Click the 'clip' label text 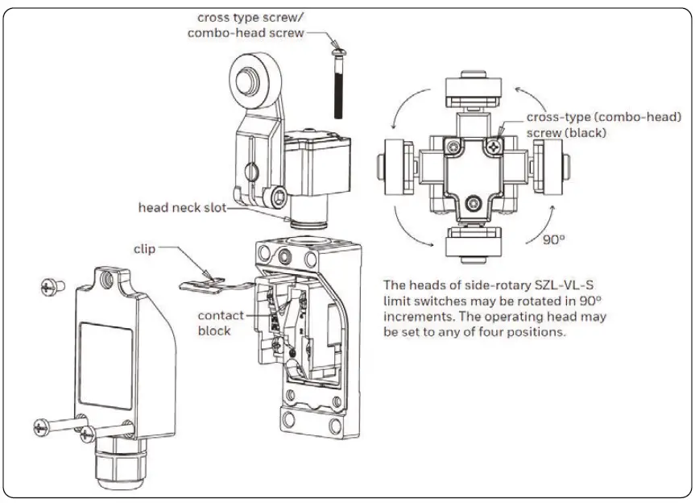click(146, 249)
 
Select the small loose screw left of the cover click(52, 285)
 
